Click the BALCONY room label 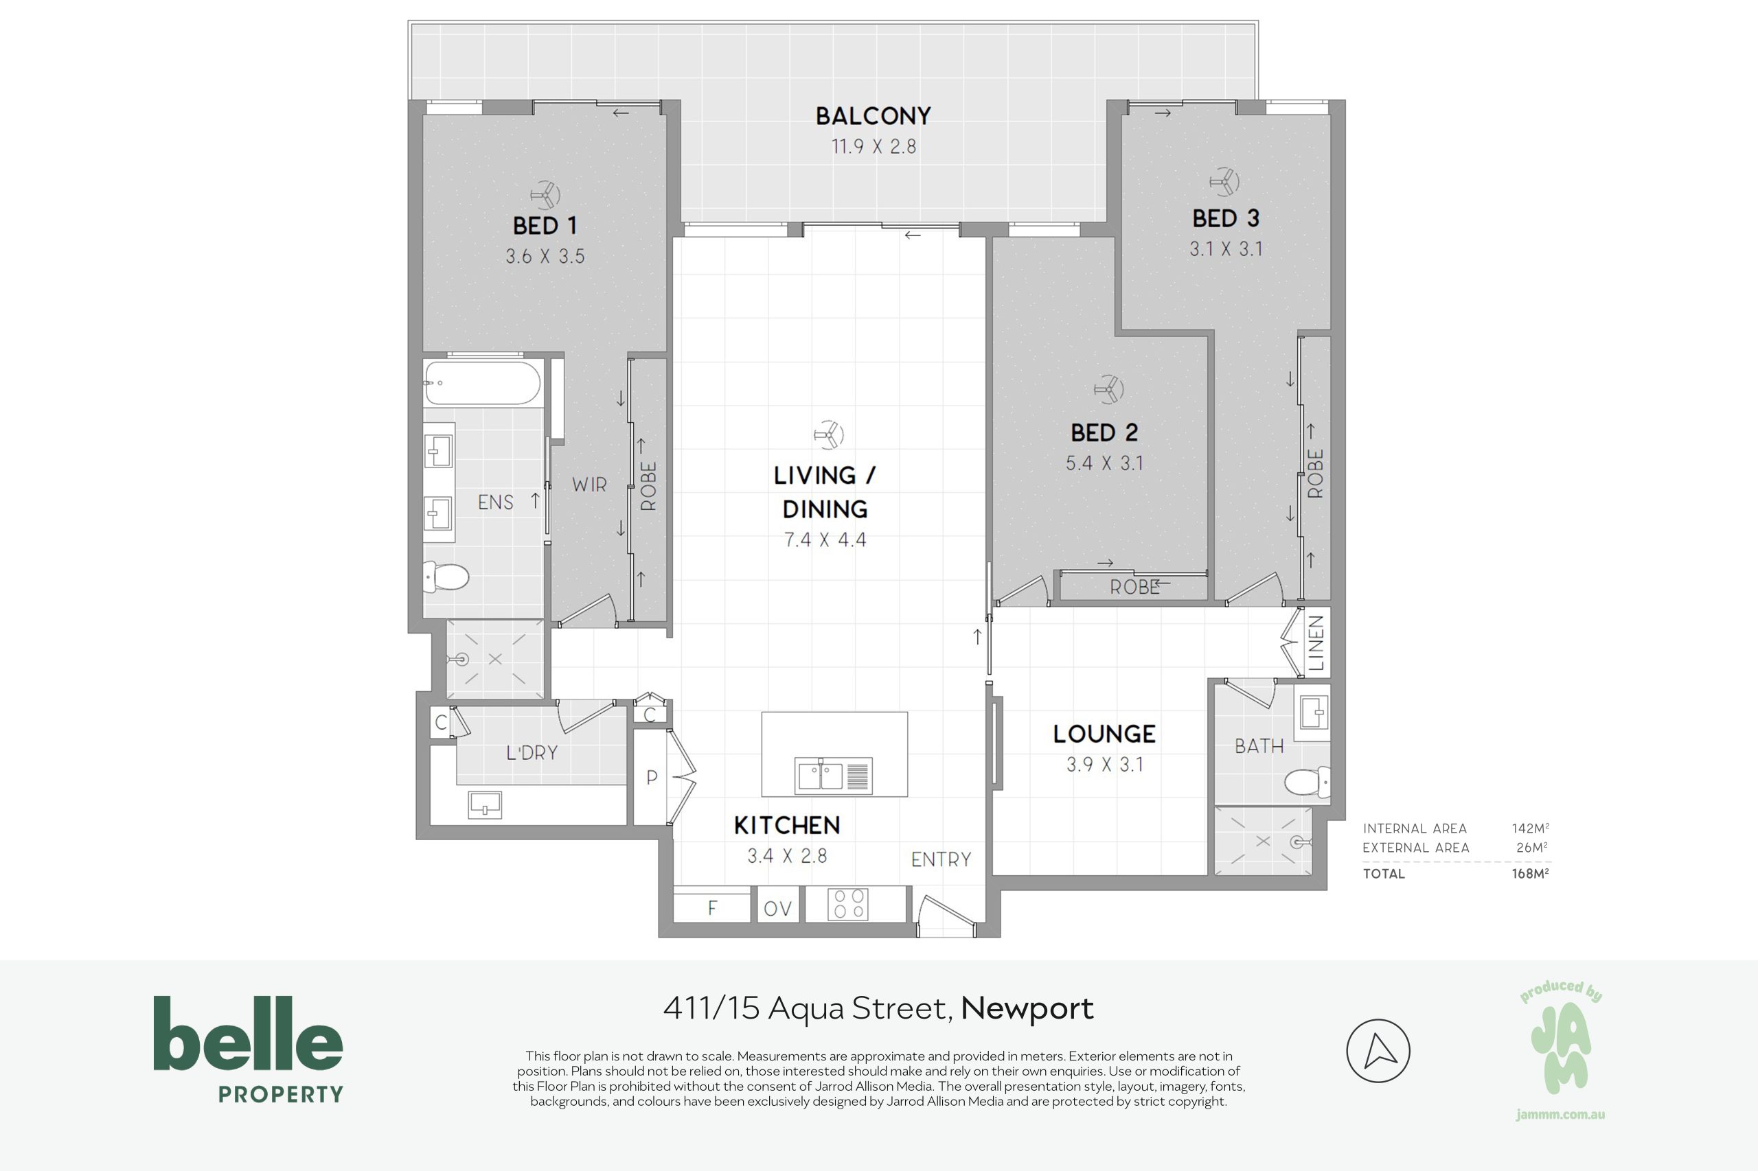pos(874,117)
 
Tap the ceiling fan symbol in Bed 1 pos(545,196)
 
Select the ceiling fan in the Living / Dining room pos(829,434)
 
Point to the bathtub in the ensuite pos(482,383)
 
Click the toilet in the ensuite pos(447,577)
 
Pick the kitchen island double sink pos(834,775)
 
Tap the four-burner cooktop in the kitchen pos(848,903)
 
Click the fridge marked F pos(712,907)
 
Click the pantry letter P pos(652,778)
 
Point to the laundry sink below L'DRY pos(485,805)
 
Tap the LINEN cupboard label pos(1316,643)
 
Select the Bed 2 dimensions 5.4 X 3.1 pos(1104,463)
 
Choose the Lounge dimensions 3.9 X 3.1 pos(1104,765)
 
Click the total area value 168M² pos(1530,873)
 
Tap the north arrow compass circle pos(1378,1051)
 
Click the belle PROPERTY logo pos(248,1050)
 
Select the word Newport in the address pos(1027,1008)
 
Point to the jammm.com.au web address pos(1561,1115)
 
